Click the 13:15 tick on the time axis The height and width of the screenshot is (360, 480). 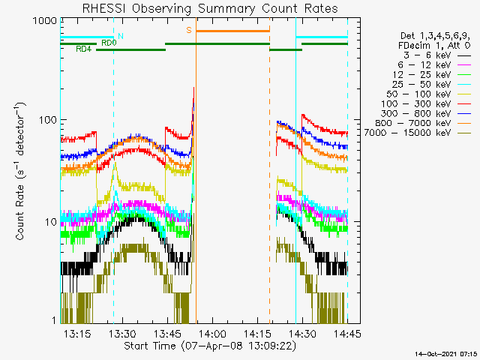(77, 333)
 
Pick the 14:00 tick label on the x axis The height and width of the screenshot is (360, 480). (212, 333)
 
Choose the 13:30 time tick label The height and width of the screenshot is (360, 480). (122, 333)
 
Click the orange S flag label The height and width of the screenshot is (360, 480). (189, 30)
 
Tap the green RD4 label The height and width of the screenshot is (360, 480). (84, 49)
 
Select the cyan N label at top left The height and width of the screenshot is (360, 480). (121, 36)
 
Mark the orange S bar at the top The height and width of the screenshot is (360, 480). (232, 31)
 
